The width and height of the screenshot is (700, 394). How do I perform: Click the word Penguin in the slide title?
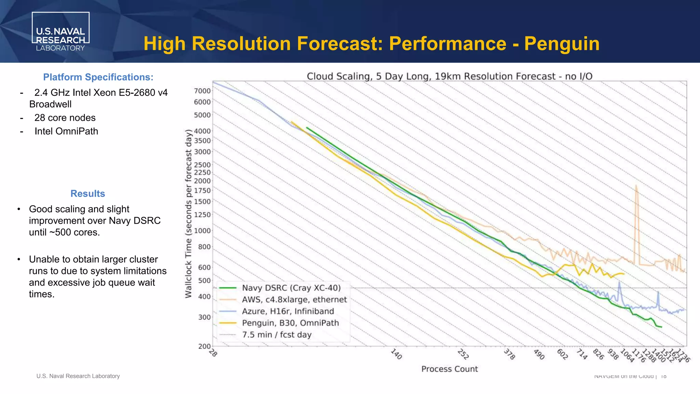(562, 44)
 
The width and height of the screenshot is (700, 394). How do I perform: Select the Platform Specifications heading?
(98, 77)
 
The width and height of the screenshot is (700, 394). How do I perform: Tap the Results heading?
(87, 194)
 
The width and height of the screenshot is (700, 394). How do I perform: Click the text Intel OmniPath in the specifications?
(66, 131)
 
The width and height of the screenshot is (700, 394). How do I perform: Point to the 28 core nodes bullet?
(65, 118)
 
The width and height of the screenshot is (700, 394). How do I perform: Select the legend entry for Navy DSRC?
(291, 288)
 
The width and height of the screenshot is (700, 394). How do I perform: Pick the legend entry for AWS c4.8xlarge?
(294, 300)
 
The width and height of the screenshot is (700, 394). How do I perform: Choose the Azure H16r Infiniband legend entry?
(288, 311)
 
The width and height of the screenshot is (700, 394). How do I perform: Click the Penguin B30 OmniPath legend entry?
(290, 323)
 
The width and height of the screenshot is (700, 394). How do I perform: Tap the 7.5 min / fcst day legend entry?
(277, 335)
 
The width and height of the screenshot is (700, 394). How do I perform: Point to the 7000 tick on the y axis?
(202, 91)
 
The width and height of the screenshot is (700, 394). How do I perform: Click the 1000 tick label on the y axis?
(202, 231)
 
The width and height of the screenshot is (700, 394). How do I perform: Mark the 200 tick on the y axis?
(204, 346)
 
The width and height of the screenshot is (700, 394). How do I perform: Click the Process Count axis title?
(449, 369)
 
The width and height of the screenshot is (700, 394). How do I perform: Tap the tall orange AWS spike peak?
(636, 187)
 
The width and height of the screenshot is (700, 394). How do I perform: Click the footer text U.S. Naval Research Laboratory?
(78, 376)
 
